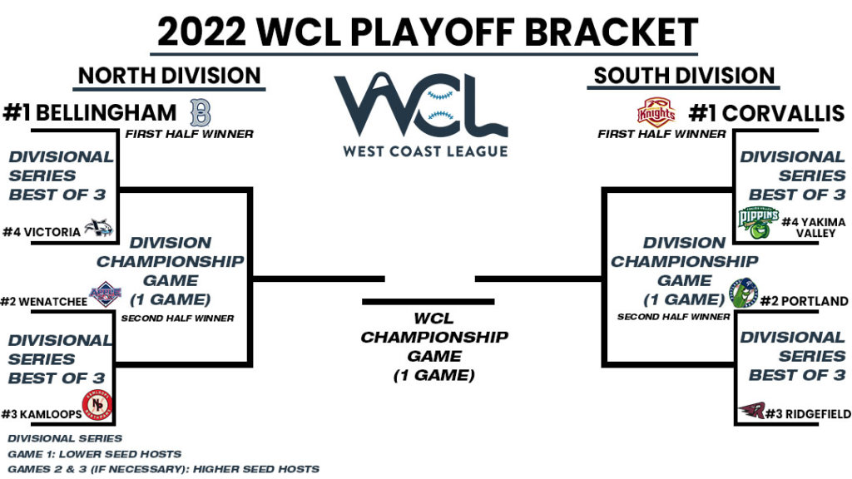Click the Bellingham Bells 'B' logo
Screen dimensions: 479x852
pyautogui.click(x=201, y=111)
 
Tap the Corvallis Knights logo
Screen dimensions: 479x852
pyautogui.click(x=656, y=112)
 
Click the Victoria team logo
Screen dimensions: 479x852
pyautogui.click(x=99, y=230)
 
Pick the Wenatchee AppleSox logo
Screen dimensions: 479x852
pyautogui.click(x=105, y=294)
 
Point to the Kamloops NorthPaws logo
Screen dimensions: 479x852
pyautogui.click(x=98, y=407)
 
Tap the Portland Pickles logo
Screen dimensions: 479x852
pyautogui.click(x=745, y=294)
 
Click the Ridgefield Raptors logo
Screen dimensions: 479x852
pyautogui.click(x=751, y=411)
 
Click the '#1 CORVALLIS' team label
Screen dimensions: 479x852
pyautogui.click(x=763, y=112)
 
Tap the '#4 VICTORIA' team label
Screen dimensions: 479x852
pyautogui.click(x=42, y=232)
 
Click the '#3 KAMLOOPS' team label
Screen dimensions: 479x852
pyautogui.click(x=42, y=413)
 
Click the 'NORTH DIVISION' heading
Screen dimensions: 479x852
pyautogui.click(x=170, y=77)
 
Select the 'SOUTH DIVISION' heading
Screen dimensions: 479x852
pyautogui.click(x=684, y=77)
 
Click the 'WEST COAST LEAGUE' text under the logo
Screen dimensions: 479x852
pyautogui.click(x=425, y=151)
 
